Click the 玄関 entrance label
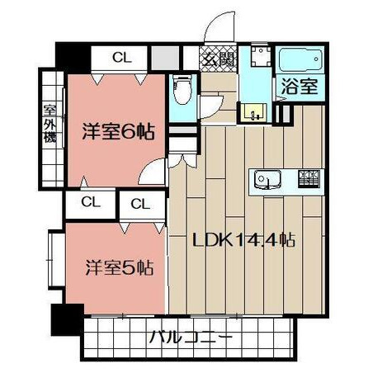coord(219,59)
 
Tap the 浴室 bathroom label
coord(300,87)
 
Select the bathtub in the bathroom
coord(300,60)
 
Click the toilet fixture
coord(182,89)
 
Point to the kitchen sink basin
coord(267,180)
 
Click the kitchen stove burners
coord(309,179)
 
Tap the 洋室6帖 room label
coord(118,132)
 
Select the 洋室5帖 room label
coord(119,267)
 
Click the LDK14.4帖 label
coord(243,240)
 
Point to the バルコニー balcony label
coord(191,337)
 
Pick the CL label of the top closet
coord(122,58)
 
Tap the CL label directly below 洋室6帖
coord(91,202)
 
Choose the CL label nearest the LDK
coord(140,204)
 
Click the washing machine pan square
coord(261,56)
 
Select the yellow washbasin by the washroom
coord(253,112)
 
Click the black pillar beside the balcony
coord(68,319)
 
